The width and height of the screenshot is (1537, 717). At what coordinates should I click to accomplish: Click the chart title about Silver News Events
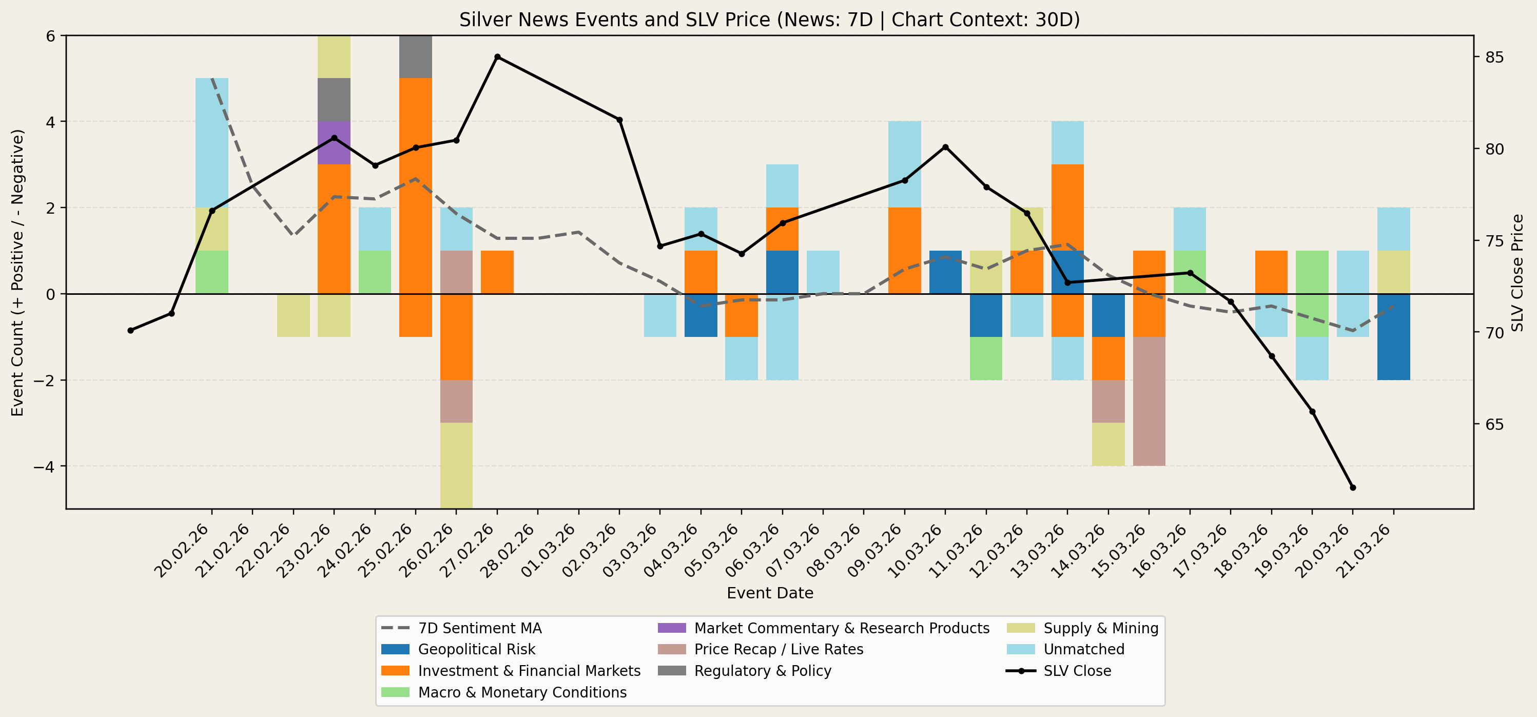[x=769, y=20]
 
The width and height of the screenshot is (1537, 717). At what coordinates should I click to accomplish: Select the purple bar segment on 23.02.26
[x=334, y=143]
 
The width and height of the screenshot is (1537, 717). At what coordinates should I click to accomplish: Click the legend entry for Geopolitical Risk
[x=476, y=650]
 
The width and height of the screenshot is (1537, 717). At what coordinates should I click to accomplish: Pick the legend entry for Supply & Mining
[x=1100, y=628]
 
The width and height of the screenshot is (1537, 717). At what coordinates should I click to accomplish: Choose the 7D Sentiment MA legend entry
[x=479, y=628]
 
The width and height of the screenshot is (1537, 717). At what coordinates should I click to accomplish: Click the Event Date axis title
[x=770, y=593]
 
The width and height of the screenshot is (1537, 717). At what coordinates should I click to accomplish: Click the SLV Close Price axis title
[x=1517, y=273]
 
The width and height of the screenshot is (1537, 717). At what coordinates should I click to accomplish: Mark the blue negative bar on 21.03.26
[x=1393, y=337]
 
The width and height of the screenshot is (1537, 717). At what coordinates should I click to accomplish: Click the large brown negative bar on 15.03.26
[x=1149, y=401]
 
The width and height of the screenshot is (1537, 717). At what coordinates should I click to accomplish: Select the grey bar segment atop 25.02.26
[x=416, y=56]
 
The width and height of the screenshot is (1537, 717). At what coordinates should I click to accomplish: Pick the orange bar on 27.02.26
[x=497, y=272]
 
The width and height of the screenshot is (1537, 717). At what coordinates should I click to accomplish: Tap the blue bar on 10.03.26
[x=945, y=272]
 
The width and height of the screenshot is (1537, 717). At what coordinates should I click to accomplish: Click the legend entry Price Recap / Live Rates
[x=778, y=650]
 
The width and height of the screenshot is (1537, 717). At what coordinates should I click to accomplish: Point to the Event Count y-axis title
[x=18, y=273]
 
